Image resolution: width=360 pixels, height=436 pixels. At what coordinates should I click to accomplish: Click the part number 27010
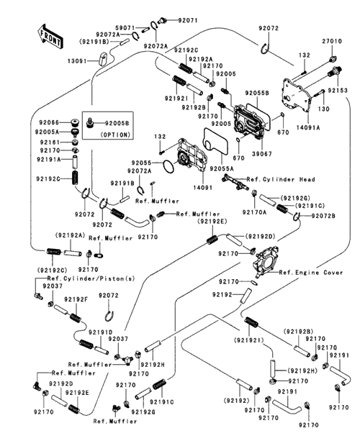(x=332, y=41)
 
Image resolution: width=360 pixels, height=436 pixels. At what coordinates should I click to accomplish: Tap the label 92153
(x=338, y=91)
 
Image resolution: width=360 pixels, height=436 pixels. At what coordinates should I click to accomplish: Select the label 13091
(x=78, y=61)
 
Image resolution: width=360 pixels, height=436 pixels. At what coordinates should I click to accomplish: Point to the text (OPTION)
(x=115, y=135)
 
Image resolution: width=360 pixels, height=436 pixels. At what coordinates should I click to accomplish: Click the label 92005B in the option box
(x=117, y=123)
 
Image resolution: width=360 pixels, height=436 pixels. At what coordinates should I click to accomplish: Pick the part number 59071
(x=125, y=28)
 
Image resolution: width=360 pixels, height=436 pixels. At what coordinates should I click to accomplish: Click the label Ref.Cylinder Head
(x=281, y=179)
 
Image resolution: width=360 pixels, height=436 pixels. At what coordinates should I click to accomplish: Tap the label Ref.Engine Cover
(x=311, y=273)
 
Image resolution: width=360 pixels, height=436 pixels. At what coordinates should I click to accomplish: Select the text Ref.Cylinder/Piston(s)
(x=91, y=278)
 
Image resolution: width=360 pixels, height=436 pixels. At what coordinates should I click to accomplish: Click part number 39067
(x=262, y=154)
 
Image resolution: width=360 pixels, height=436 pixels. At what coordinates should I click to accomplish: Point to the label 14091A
(x=308, y=127)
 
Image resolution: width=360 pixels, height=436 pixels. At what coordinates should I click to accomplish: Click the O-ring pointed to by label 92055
(x=168, y=166)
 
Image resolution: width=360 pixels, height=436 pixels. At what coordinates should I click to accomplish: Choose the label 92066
(x=49, y=122)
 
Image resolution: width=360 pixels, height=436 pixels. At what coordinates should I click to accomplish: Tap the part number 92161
(x=50, y=142)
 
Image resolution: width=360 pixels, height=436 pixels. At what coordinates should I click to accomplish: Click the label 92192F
(x=76, y=299)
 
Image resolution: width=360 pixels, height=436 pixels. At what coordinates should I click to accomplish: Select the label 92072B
(x=323, y=216)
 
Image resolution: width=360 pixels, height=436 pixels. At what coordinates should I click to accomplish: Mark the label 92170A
(x=254, y=212)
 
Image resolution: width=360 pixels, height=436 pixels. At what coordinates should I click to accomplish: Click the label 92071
(x=188, y=20)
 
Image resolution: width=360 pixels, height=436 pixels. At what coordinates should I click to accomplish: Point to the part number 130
(x=323, y=109)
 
